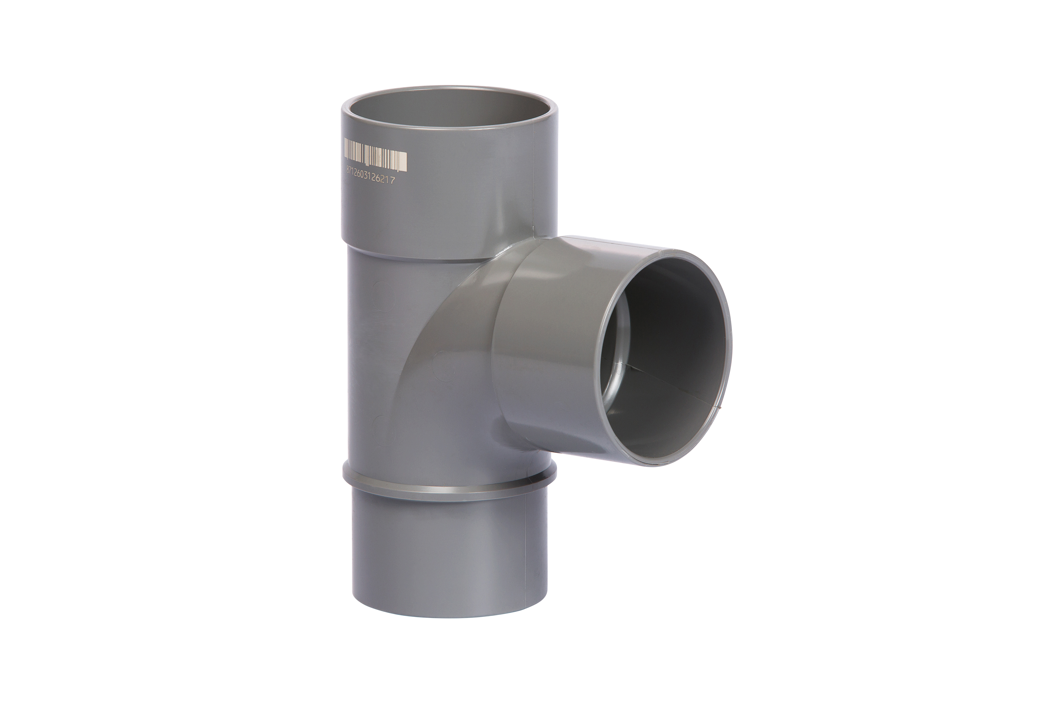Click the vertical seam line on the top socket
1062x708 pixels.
tap(534, 181)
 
